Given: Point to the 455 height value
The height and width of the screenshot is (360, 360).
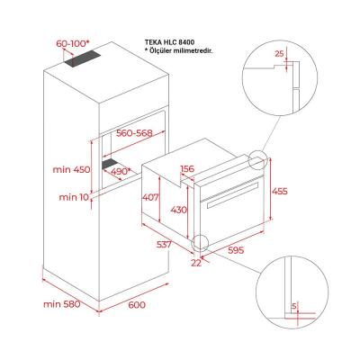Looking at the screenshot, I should [282, 191].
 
